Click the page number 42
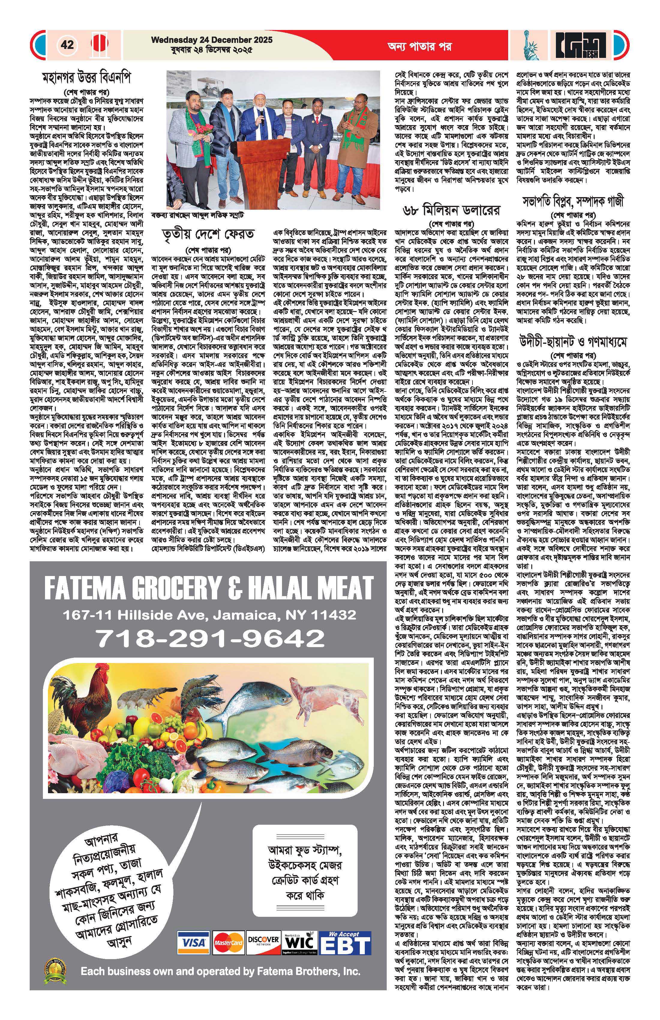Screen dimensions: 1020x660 67,45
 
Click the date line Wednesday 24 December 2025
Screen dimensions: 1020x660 211,40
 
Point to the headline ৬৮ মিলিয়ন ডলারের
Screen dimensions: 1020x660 451,210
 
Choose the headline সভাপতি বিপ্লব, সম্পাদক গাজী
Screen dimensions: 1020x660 573,201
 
